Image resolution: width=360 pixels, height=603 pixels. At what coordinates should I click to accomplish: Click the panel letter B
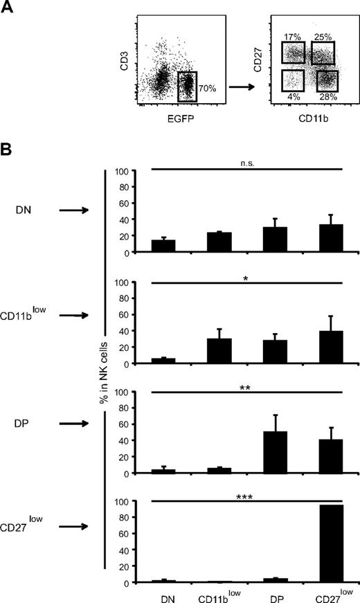6,150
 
